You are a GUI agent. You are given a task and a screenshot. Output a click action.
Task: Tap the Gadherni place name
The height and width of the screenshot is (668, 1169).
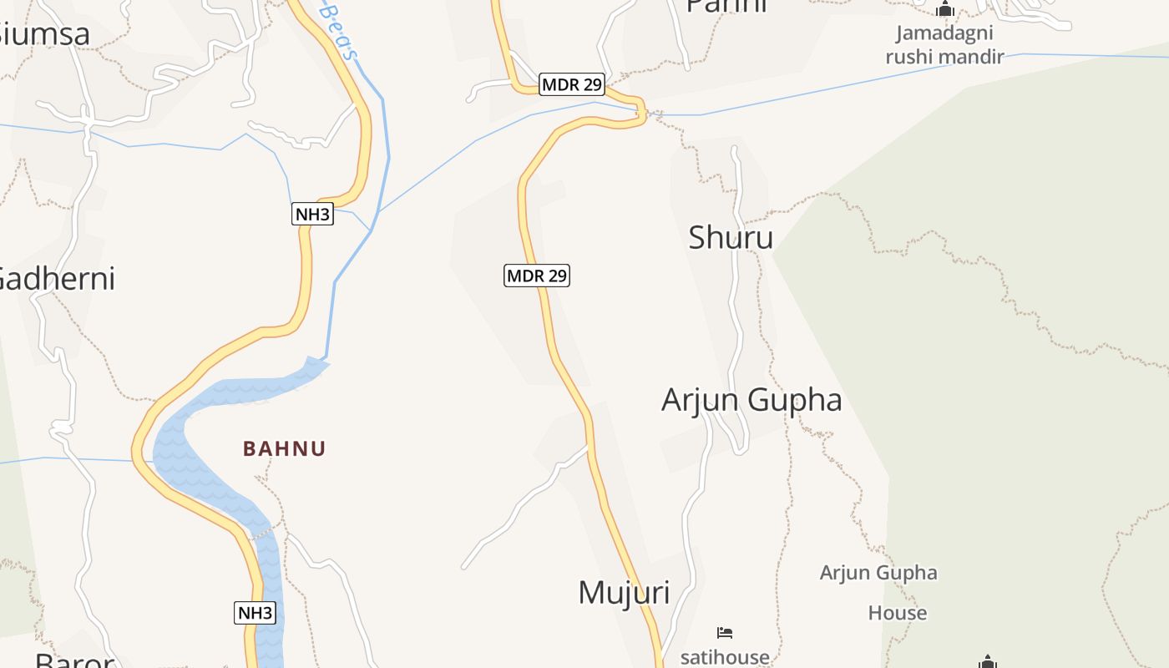55,278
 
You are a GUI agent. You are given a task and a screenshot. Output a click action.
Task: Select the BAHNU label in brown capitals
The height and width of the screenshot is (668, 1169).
284,448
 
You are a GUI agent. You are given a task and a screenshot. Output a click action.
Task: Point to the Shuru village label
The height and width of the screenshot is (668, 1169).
731,238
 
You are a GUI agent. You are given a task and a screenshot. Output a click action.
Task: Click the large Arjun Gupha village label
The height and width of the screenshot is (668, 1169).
751,400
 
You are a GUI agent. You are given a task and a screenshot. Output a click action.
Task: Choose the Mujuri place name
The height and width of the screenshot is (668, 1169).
624,592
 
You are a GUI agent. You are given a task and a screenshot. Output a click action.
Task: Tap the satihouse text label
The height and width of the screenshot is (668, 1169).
725,656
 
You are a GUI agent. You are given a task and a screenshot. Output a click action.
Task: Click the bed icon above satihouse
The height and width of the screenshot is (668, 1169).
725,633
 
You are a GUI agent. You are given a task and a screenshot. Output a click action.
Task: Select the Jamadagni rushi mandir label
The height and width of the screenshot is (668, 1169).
944,45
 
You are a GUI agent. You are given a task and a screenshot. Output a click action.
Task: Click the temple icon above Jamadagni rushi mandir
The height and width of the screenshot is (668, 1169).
945,10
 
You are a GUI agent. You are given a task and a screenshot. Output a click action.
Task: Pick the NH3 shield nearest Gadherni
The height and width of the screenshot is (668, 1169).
313,214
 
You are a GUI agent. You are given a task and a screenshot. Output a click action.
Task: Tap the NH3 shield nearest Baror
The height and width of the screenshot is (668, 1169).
255,613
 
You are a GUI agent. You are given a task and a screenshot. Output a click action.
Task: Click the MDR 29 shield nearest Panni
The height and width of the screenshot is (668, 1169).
572,84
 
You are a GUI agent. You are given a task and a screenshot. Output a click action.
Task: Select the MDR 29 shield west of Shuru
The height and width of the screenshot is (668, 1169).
537,275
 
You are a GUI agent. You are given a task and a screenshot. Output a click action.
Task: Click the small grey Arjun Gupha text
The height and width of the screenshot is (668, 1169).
878,573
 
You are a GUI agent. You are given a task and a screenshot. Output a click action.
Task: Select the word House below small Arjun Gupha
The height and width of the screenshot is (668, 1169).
898,613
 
